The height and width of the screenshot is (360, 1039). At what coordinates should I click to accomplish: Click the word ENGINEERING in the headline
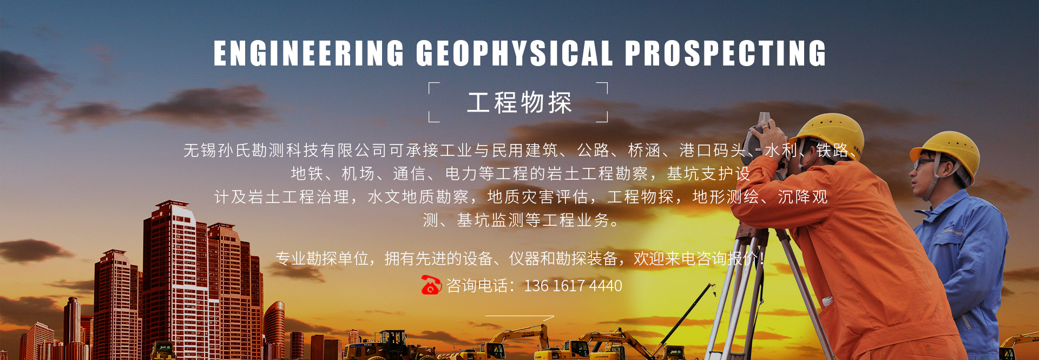pyautogui.click(x=309, y=53)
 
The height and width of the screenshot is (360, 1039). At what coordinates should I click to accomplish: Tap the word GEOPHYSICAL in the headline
pyautogui.click(x=515, y=53)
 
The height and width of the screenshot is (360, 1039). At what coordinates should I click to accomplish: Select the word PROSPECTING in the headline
pyautogui.click(x=726, y=53)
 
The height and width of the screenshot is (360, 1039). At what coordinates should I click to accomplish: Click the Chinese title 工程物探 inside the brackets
pyautogui.click(x=519, y=102)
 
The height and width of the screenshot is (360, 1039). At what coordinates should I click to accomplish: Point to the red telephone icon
pyautogui.click(x=431, y=285)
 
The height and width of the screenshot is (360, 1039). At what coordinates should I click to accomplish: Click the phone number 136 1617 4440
pyautogui.click(x=573, y=285)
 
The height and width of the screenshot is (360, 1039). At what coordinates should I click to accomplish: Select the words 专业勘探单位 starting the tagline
pyautogui.click(x=322, y=259)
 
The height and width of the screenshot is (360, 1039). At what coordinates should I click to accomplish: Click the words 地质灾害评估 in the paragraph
pyautogui.click(x=537, y=197)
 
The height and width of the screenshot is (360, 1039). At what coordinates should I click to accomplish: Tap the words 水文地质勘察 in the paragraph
pyautogui.click(x=418, y=197)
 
